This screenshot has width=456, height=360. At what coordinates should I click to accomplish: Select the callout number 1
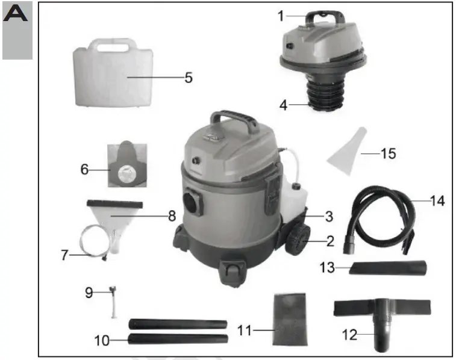point(281,16)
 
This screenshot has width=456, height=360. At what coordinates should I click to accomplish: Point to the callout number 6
point(84,170)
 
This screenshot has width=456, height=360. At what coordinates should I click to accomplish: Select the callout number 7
point(65,255)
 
